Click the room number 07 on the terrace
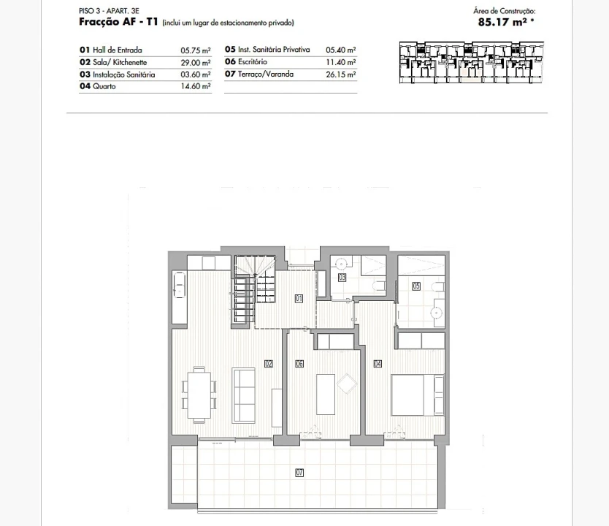[x=299, y=473]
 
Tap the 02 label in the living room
[x=269, y=364]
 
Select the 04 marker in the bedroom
[x=378, y=364]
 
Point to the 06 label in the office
[x=299, y=364]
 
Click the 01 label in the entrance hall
[x=299, y=298]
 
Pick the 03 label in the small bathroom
[x=342, y=278]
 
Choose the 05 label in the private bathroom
[x=416, y=286]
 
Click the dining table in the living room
[x=199, y=394]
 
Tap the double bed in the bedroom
[x=418, y=394]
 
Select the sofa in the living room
[x=243, y=395]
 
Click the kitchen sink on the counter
[x=179, y=285]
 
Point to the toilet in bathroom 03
[x=379, y=286]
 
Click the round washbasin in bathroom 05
[x=436, y=313]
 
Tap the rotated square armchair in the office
[x=347, y=384]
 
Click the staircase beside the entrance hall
[x=254, y=289]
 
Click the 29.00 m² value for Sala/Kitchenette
[x=196, y=63]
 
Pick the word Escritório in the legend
[x=253, y=62]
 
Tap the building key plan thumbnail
[x=471, y=63]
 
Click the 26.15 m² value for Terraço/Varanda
[x=340, y=75]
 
